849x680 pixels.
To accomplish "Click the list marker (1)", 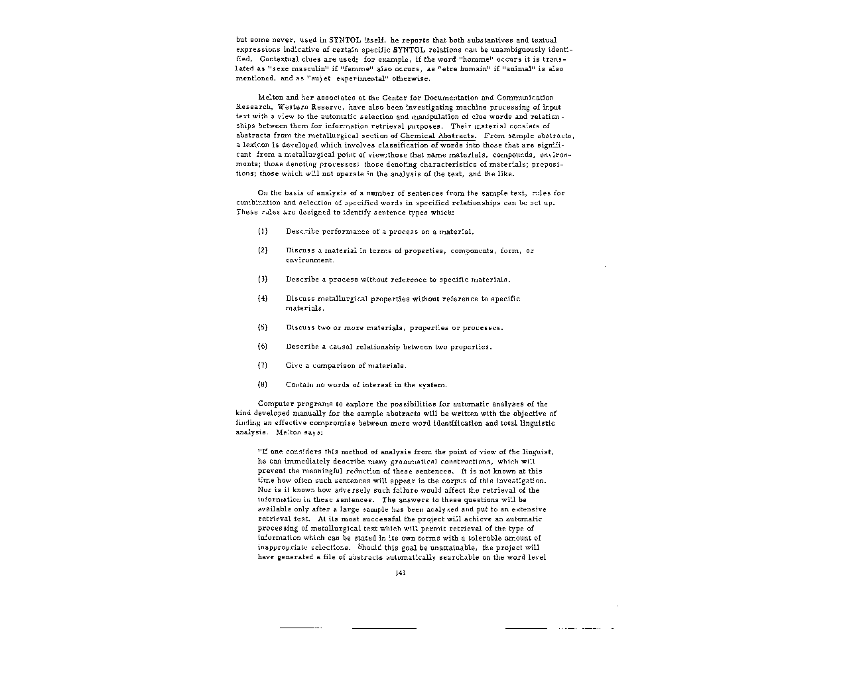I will point(262,232).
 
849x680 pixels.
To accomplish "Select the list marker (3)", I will point(262,280).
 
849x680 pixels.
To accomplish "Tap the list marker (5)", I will point(262,327).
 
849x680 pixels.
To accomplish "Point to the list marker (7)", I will point(262,366).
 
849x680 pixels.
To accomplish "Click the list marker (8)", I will point(262,385).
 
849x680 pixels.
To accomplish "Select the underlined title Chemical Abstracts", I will point(438,135).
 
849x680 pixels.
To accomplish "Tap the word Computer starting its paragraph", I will point(274,404).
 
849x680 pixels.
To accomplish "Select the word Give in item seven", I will point(293,366).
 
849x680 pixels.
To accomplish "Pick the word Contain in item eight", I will point(298,385).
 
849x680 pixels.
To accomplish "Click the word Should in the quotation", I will point(369,547).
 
